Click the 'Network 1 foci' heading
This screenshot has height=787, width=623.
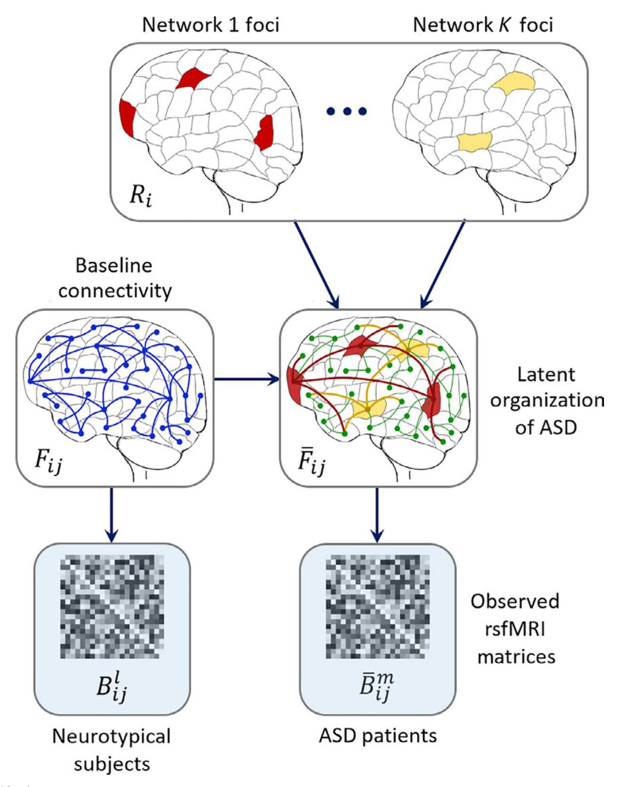211,25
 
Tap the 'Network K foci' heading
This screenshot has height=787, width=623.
483,25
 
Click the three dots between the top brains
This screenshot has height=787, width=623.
347,111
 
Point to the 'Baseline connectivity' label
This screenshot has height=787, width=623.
115,278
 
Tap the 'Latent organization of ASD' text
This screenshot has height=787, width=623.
546,401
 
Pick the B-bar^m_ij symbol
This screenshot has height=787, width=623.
377,688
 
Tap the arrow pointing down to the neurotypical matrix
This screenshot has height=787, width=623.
112,514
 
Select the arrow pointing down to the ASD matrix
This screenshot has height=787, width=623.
377,514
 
